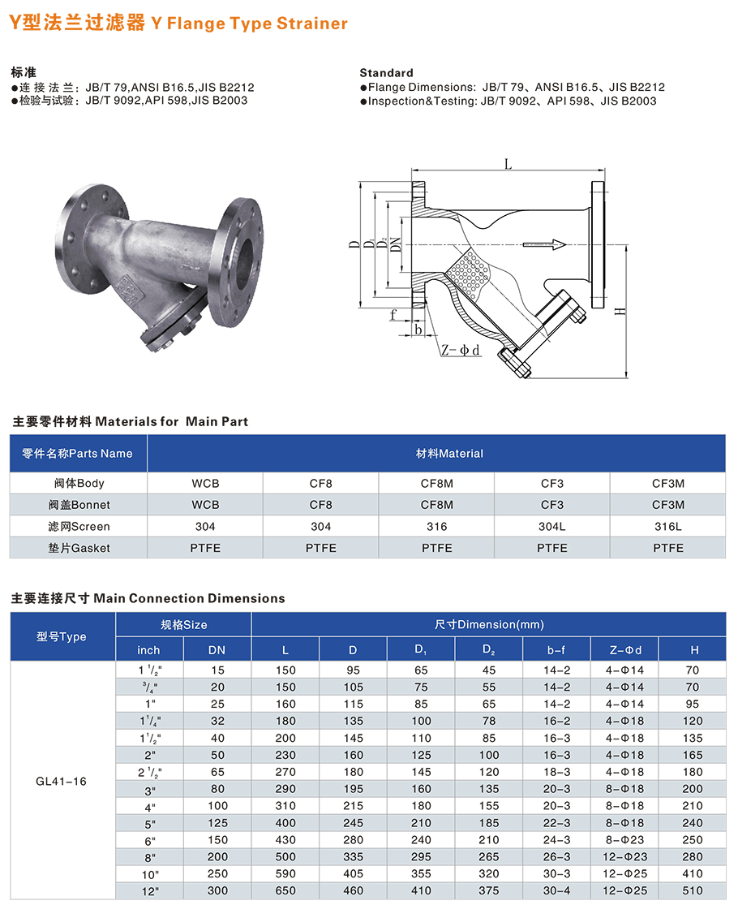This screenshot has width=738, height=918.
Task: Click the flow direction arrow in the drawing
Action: click(x=544, y=244)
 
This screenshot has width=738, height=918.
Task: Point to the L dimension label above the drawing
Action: click(x=508, y=165)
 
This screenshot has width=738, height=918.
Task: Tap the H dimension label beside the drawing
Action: click(x=620, y=311)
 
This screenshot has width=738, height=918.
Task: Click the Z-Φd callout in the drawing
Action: click(x=461, y=350)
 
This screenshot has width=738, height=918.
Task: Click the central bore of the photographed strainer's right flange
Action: click(x=244, y=262)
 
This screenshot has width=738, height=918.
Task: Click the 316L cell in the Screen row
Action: click(x=667, y=526)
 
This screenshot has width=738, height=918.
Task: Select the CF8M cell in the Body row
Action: click(x=437, y=484)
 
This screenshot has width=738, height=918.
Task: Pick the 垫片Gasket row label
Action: click(x=79, y=548)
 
